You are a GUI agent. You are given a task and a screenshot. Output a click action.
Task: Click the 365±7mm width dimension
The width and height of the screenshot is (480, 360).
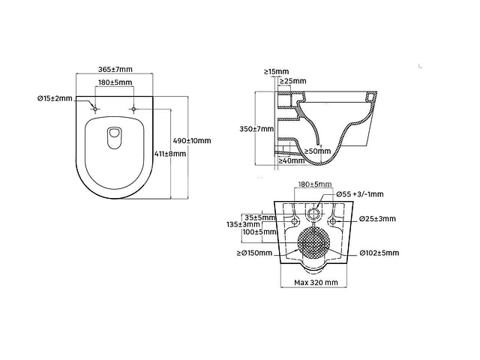[115, 70]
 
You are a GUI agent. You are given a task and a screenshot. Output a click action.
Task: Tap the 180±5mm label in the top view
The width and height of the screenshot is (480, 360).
[115, 82]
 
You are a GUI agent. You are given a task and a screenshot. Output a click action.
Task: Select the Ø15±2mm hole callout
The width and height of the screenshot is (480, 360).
[55, 98]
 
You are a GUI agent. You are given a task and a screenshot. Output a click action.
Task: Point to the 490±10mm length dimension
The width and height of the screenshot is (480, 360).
[192, 141]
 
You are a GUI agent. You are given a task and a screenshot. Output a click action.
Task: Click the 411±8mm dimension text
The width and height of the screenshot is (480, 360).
[170, 154]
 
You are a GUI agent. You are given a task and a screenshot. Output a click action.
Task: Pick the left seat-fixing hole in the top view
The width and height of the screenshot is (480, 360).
[95, 109]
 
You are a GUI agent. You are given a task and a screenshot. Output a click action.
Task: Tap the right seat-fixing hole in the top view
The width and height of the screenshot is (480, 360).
[133, 109]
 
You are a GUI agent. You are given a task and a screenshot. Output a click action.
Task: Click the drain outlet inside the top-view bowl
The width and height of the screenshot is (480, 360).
[115, 138]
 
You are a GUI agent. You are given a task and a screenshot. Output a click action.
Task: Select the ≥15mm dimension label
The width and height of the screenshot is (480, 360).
[276, 72]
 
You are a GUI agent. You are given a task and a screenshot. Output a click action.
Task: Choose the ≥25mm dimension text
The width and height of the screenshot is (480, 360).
[292, 81]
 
